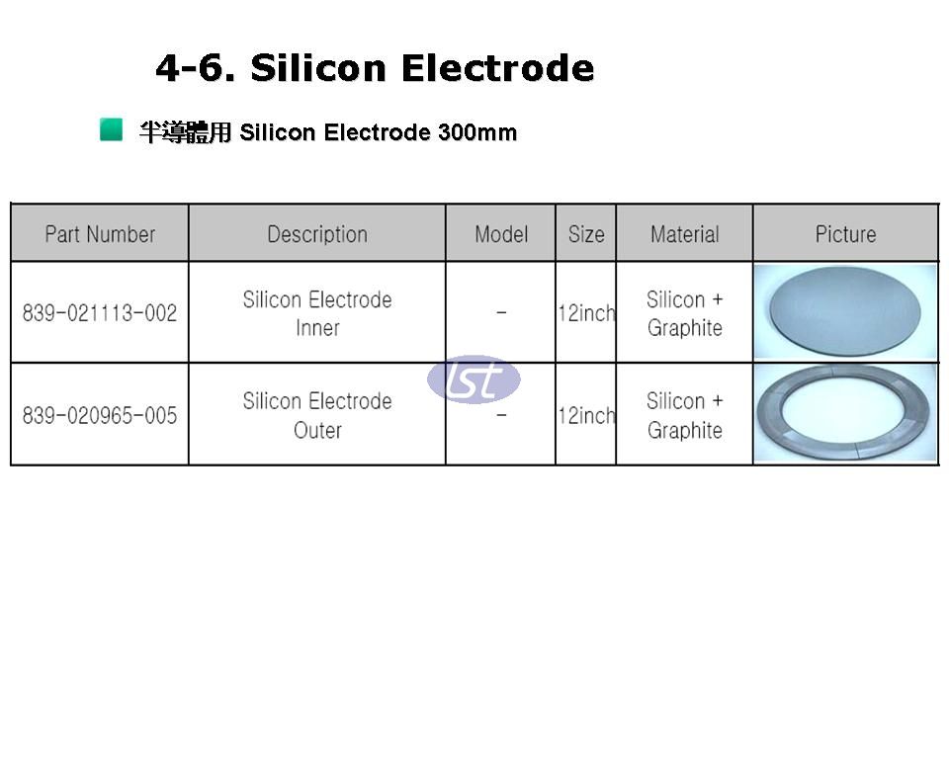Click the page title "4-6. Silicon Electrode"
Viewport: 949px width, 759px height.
[x=375, y=67]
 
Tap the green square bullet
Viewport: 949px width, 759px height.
[x=112, y=129]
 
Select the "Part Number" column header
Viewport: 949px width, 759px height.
[x=100, y=234]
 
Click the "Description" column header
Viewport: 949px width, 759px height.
[x=317, y=234]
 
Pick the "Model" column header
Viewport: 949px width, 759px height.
[x=501, y=234]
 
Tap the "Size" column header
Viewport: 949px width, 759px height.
[x=586, y=234]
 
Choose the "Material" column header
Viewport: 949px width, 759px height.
[x=684, y=234]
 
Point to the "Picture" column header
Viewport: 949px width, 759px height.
[x=845, y=234]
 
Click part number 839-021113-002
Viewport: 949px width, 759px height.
[x=100, y=313]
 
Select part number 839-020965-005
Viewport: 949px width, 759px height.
[x=100, y=415]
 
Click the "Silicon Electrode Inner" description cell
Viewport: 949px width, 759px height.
[x=317, y=313]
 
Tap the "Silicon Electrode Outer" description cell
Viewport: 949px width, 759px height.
[x=317, y=415]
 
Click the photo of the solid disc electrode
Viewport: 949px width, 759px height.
[x=845, y=311]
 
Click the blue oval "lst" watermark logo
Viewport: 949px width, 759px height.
[x=474, y=379]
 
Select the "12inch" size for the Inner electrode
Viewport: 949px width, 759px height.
[x=586, y=313]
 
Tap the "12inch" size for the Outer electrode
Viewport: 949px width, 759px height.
[x=586, y=415]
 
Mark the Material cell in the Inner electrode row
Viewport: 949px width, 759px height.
[x=684, y=313]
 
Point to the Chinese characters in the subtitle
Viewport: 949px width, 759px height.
[x=185, y=132]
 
